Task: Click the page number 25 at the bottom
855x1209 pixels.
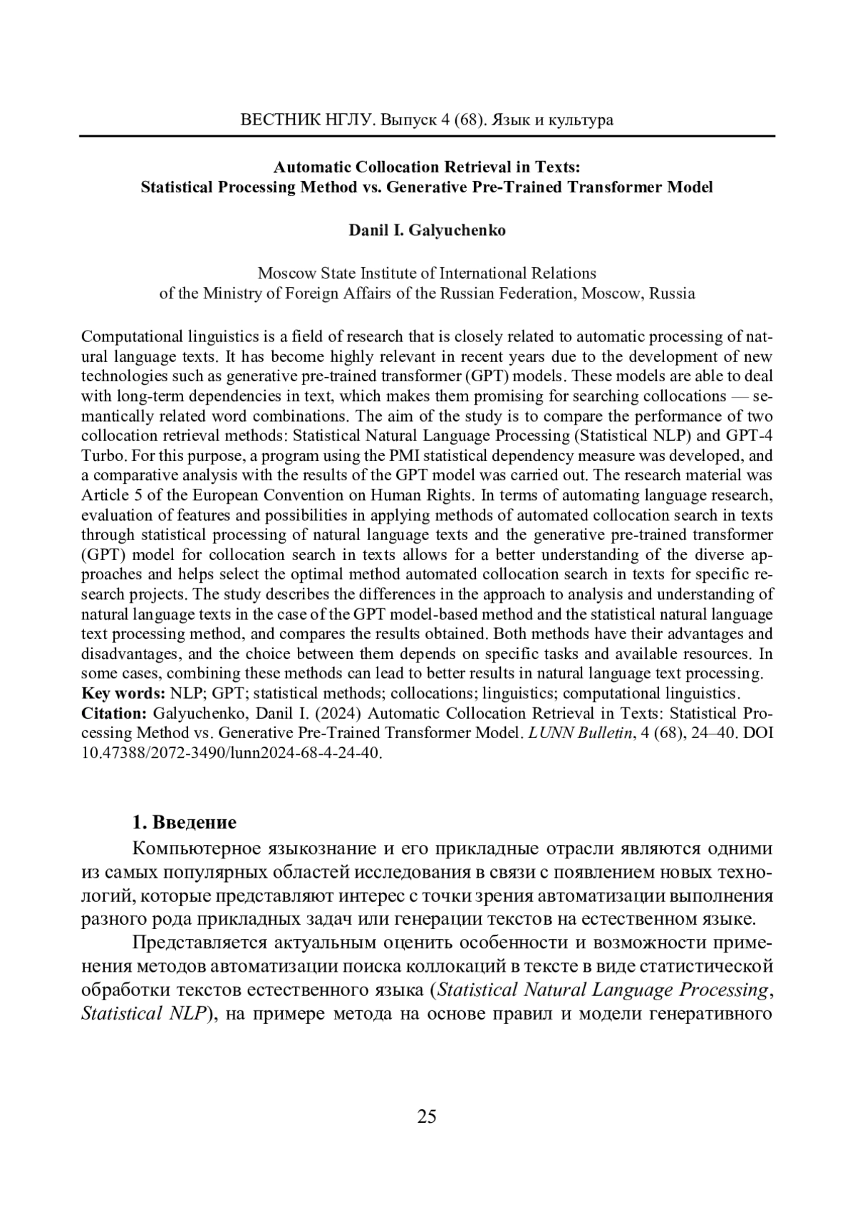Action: pyautogui.click(x=426, y=1116)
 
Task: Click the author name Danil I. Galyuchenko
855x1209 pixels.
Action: pyautogui.click(x=427, y=230)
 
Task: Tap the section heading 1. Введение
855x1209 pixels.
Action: pyautogui.click(x=185, y=822)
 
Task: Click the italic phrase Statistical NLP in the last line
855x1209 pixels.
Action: pyautogui.click(x=143, y=1013)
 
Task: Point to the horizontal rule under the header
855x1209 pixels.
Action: pyautogui.click(x=426, y=135)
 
